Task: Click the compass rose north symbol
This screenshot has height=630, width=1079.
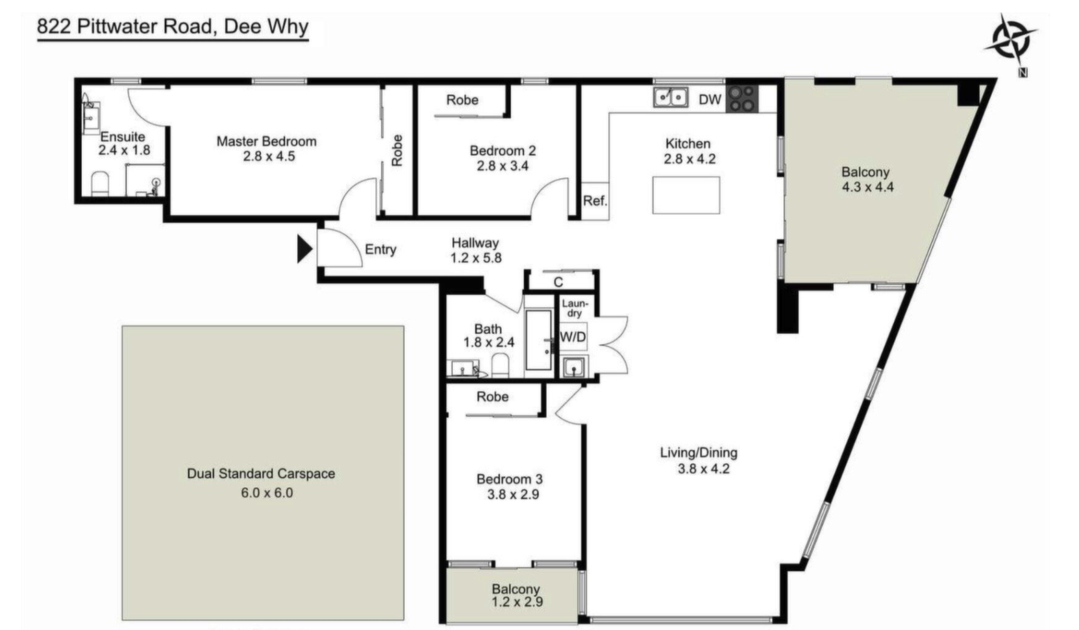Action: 1011,42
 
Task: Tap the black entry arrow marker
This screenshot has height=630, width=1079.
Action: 304,249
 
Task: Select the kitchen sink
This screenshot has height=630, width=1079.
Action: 670,97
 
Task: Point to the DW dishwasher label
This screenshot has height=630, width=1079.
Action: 710,100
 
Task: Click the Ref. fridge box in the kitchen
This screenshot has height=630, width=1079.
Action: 595,201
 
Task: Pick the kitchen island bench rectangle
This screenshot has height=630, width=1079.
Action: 686,195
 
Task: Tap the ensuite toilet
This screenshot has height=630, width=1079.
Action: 100,184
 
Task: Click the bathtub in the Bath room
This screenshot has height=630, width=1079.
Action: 539,340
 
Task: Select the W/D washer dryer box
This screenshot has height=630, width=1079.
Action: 573,336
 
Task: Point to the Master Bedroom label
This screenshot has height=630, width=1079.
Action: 266,141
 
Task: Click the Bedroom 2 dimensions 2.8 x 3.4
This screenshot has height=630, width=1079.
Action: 502,166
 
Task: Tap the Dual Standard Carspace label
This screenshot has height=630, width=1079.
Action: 261,474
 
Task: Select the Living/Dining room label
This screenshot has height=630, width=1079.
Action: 699,453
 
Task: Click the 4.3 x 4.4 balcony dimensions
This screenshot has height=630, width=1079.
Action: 867,187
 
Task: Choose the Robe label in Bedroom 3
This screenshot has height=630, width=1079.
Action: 493,397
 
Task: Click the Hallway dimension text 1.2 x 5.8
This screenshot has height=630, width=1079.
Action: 476,258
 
